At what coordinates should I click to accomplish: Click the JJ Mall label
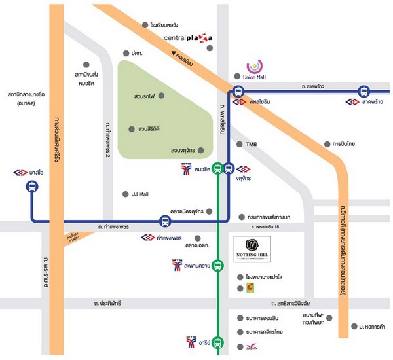(142, 194)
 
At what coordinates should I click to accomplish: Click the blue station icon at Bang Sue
(31, 187)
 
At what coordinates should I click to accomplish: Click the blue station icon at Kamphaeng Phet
(166, 221)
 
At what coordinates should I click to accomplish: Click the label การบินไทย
(343, 144)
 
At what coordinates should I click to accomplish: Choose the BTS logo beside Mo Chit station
(186, 170)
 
